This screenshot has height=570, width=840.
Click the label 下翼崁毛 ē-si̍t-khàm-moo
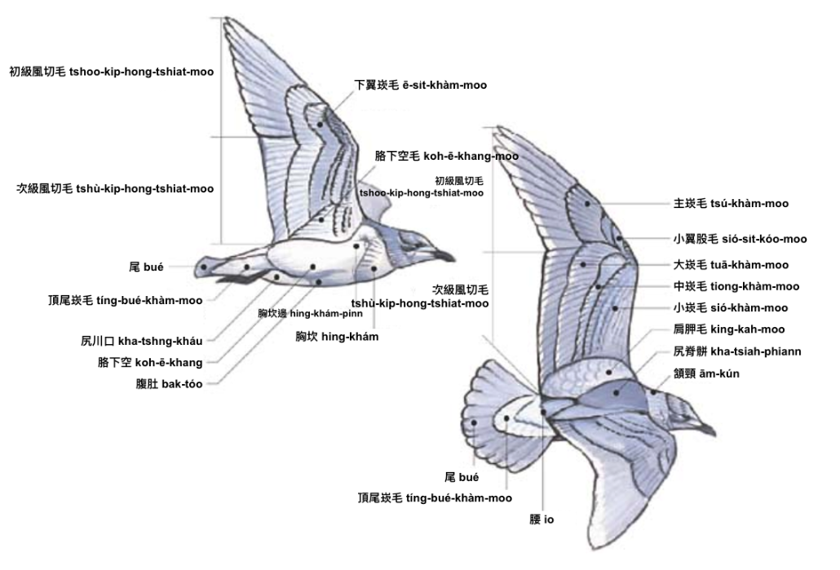[420, 85]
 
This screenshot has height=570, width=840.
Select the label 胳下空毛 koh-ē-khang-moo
[446, 155]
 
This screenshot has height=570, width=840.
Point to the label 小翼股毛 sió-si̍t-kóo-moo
[740, 239]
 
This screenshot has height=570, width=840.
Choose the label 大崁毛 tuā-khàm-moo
[731, 265]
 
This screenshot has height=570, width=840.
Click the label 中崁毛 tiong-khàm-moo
[736, 286]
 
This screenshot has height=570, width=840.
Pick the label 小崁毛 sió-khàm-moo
[731, 307]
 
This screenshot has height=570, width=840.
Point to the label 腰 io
[542, 519]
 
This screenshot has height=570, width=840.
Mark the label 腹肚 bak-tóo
[169, 383]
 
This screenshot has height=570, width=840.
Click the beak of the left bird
[444, 255]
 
